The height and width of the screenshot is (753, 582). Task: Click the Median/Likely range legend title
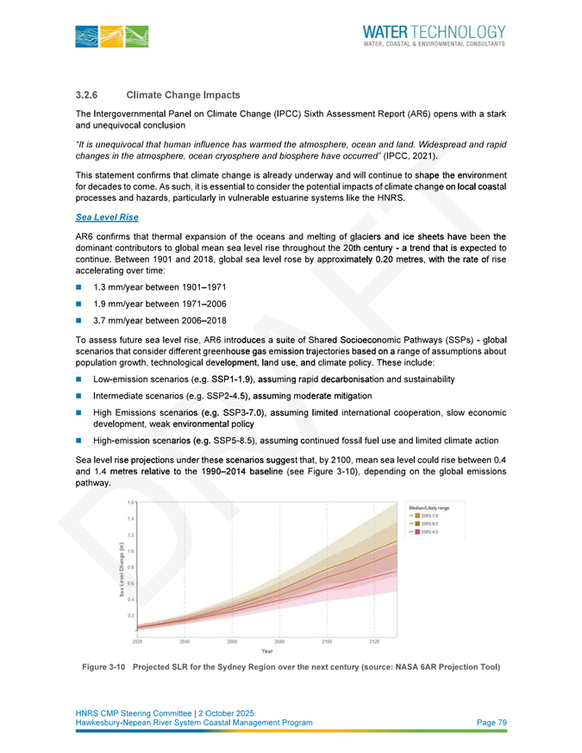click(x=435, y=508)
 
